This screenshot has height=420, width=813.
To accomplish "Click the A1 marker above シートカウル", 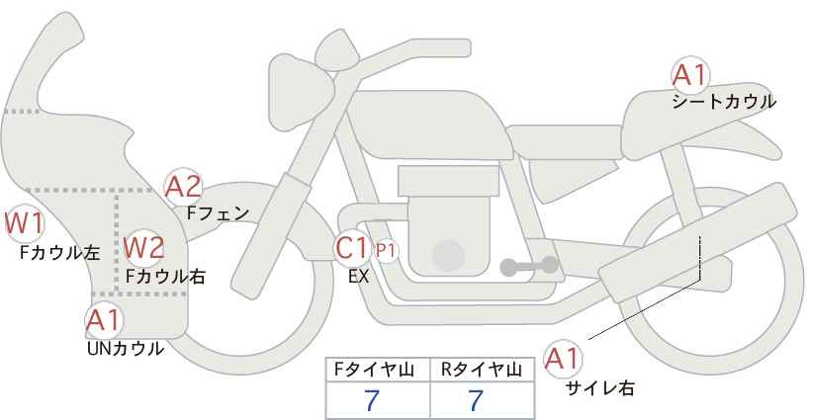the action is tap(690, 76).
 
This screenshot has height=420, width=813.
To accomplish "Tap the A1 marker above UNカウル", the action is tap(104, 321).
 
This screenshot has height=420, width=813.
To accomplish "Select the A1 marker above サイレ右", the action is tap(563, 359).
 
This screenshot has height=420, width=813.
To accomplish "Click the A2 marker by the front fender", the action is tap(183, 187).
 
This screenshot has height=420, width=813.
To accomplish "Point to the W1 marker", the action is tap(24, 223).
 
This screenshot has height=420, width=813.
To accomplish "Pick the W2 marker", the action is tap(144, 247).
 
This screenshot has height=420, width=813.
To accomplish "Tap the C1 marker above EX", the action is tap(351, 248).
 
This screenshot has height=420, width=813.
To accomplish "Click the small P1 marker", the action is tap(386, 251).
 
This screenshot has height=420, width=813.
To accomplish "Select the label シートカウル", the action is tap(724, 102).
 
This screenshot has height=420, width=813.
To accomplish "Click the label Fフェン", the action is tap(218, 213).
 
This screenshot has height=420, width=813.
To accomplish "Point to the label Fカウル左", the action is tap(59, 253).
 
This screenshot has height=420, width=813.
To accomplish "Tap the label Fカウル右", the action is tap(165, 277).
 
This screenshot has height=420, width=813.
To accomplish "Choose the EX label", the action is tap(358, 277).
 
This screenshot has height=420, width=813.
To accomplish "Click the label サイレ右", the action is tap(600, 388).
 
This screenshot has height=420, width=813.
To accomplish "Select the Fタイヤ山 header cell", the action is tap(378, 370).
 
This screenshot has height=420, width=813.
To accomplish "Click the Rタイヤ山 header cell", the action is tap(483, 370).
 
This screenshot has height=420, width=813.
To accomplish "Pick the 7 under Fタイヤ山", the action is tap(372, 400).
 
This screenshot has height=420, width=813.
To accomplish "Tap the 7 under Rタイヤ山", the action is tap(476, 400).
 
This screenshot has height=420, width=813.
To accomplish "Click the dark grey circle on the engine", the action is tap(448, 256).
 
